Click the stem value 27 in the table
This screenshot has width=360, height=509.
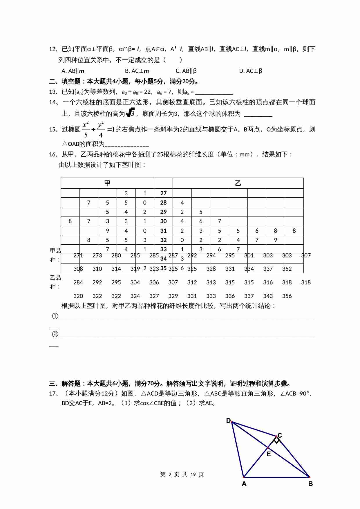tap(163, 193)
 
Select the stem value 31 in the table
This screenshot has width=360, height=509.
tap(163, 231)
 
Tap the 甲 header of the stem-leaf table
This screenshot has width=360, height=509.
tap(107, 183)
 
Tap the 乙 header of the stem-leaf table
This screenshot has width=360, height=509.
tap(238, 183)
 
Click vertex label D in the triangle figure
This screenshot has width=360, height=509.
tap(228, 420)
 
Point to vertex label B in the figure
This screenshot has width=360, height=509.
tap(310, 484)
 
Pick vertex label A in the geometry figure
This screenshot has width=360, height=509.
tap(244, 484)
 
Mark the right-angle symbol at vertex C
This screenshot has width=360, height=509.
tap(277, 441)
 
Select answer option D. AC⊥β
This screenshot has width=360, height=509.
tap(251, 71)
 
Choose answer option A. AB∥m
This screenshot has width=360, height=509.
tap(73, 71)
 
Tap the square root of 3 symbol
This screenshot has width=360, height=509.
tap(131, 113)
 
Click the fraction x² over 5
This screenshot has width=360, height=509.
tap(86, 130)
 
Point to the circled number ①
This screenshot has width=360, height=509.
tap(55, 316)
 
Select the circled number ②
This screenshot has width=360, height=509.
tap(55, 334)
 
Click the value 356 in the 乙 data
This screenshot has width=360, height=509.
tap(287, 296)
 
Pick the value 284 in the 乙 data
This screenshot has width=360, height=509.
tap(78, 282)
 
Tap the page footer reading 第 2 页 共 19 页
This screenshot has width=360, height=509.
tap(182, 474)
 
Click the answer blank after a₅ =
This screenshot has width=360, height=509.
tap(214, 92)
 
